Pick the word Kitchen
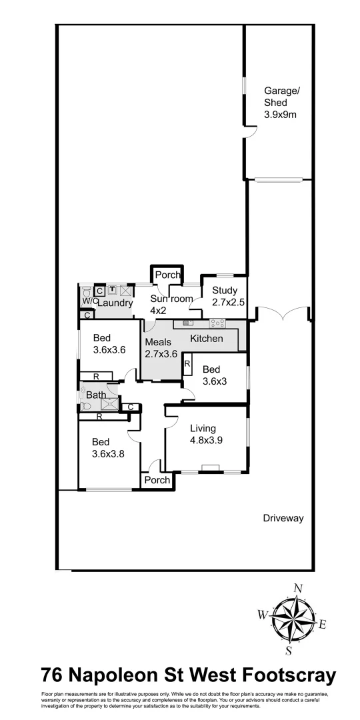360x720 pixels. [207, 339]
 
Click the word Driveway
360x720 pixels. [283, 518]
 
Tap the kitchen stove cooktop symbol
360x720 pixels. [218, 323]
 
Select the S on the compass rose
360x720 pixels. [289, 650]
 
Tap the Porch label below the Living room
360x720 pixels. [157, 480]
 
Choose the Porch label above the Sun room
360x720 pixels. [167, 275]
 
